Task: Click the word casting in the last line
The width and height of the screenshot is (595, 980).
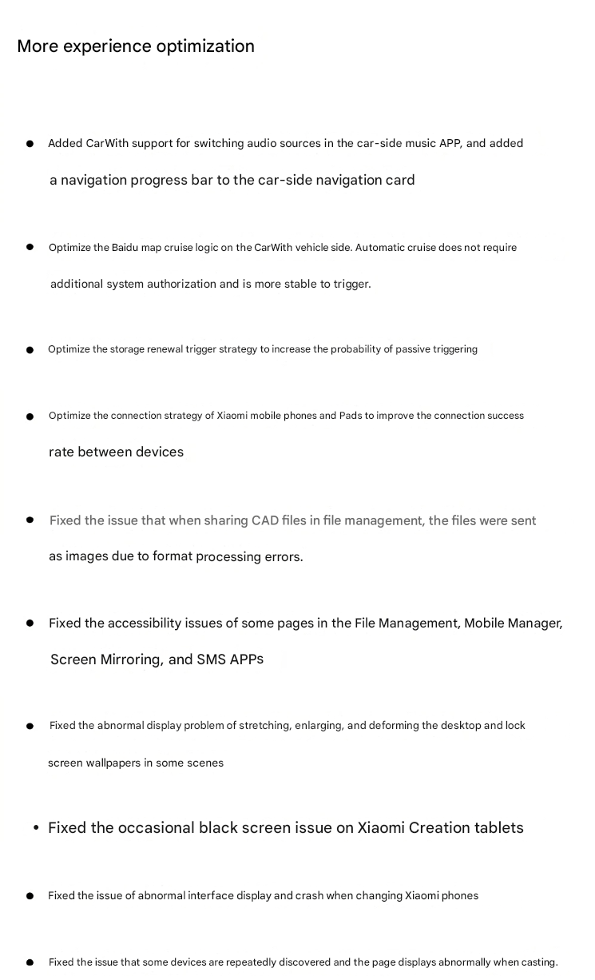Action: tap(537, 962)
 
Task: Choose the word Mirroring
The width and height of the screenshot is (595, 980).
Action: tap(130, 659)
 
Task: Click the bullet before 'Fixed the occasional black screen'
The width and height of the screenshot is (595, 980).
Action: tap(36, 829)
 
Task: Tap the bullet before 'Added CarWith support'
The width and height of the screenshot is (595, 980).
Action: tap(30, 145)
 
